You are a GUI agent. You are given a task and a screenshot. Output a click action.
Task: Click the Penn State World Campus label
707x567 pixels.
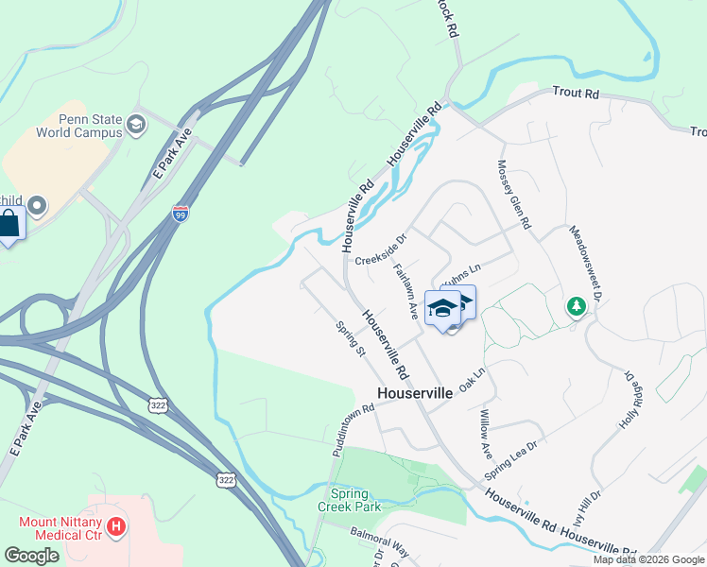click(78, 126)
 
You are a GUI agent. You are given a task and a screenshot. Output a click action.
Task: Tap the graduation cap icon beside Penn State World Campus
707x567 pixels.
click(136, 124)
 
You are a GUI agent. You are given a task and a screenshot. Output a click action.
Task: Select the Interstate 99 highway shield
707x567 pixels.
click(180, 215)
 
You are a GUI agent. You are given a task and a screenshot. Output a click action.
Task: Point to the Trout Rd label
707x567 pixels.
click(576, 94)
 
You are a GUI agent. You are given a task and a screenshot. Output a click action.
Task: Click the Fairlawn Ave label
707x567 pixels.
click(405, 289)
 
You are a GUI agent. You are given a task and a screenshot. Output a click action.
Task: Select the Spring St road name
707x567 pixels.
click(351, 338)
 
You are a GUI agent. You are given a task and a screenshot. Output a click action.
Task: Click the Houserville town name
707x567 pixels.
click(414, 392)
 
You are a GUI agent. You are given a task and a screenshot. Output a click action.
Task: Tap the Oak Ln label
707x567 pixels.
click(471, 381)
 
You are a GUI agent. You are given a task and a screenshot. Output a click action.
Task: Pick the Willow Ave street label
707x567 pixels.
click(485, 429)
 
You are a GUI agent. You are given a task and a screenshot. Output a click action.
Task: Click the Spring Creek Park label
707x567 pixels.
click(355, 500)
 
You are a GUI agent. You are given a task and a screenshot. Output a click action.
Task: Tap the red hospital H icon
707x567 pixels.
click(115, 525)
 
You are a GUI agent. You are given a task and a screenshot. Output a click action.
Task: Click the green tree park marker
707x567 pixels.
click(576, 306)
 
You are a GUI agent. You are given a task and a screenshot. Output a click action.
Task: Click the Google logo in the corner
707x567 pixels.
click(31, 556)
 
